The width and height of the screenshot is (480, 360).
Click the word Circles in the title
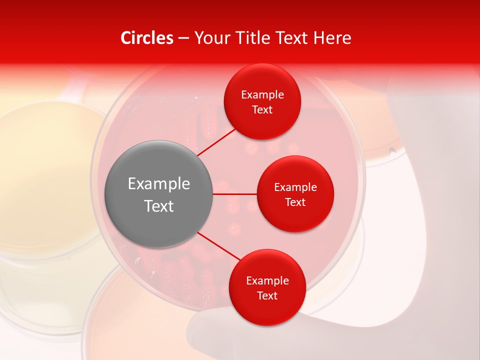pyautogui.click(x=147, y=38)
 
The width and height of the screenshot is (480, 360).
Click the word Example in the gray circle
pyautogui.click(x=159, y=184)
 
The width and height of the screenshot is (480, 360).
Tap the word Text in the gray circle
pyautogui.click(x=159, y=206)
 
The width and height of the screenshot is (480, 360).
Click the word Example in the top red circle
pyautogui.click(x=262, y=95)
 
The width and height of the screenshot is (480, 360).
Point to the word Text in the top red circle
pyautogui.click(x=262, y=110)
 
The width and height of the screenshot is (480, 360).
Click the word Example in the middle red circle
pyautogui.click(x=295, y=187)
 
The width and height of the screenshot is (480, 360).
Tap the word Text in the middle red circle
pyautogui.click(x=295, y=202)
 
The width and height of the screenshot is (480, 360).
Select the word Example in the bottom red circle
pyautogui.click(x=267, y=281)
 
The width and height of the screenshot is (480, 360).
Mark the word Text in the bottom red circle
pyautogui.click(x=267, y=296)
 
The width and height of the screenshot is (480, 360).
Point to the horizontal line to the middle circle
pyautogui.click(x=235, y=194)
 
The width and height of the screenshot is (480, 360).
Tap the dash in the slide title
pyautogui.click(x=183, y=38)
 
